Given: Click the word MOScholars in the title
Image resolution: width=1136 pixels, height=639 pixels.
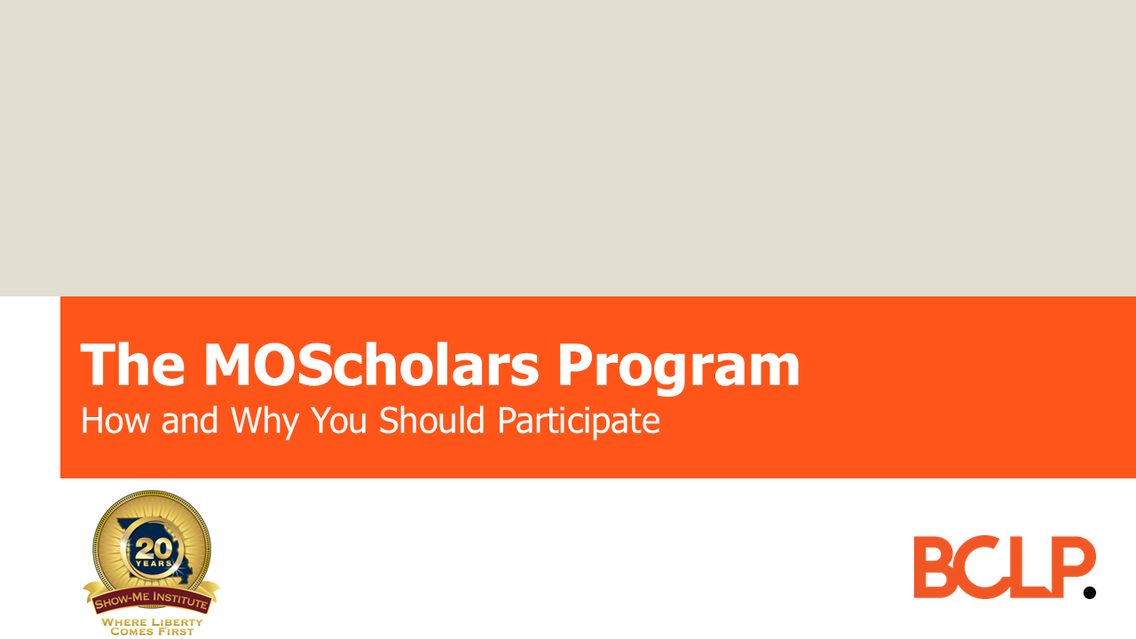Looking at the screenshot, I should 370,366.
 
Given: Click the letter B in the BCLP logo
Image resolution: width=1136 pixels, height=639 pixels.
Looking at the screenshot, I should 937,567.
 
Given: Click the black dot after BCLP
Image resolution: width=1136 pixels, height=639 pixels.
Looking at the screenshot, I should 1090,592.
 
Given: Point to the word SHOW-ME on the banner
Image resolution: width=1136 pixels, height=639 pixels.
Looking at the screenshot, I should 120,605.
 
